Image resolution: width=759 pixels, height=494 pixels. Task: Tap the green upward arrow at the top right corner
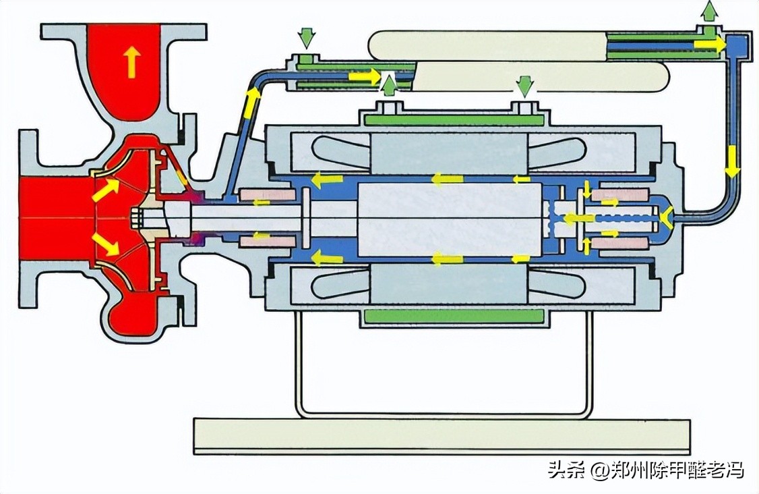709,11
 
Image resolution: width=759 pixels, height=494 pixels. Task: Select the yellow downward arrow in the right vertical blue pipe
732,162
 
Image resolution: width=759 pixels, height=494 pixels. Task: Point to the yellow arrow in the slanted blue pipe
251,103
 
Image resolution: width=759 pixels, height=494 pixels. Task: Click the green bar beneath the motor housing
454,316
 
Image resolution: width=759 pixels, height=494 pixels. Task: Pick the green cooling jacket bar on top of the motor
454,120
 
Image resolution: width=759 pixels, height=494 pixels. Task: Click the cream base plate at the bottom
442,436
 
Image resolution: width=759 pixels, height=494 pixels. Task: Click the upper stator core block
448,154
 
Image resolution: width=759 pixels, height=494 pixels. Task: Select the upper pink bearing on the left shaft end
268,194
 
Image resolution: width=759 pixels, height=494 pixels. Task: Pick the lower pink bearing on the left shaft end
268,241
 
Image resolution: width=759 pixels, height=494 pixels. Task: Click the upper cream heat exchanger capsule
488,46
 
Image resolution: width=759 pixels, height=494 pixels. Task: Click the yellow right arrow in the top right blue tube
710,44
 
